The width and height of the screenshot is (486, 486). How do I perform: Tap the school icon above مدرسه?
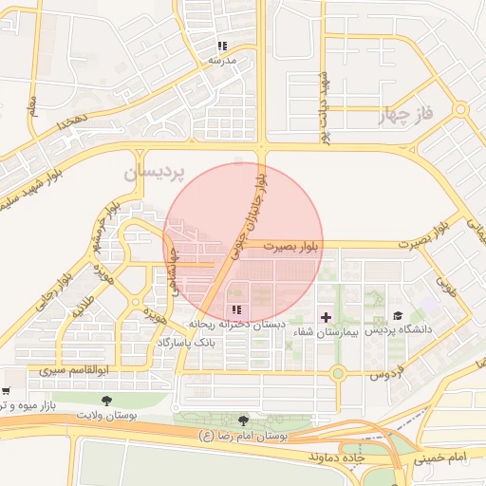tap(221, 46)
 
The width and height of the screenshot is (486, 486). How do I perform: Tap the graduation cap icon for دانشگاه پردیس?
tap(398, 315)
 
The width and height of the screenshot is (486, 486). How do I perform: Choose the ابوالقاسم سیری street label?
tap(78, 367)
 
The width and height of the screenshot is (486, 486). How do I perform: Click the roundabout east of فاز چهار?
tap(461, 110)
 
